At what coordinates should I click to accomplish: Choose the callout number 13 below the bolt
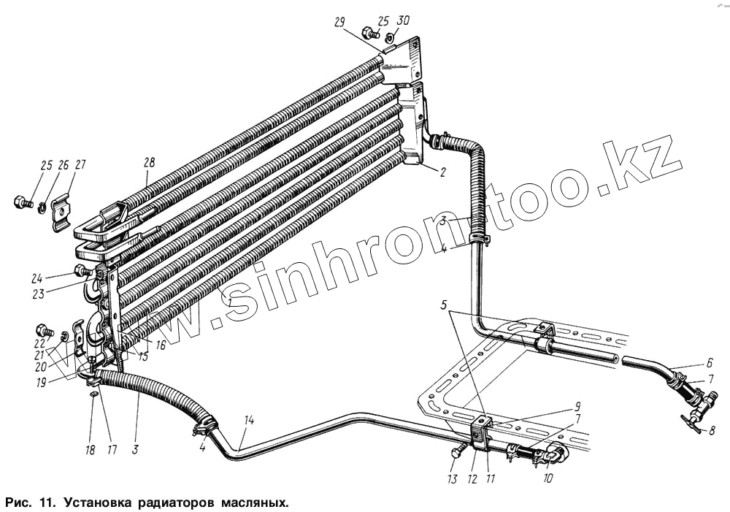click(x=452, y=479)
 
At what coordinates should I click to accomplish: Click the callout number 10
click(x=547, y=479)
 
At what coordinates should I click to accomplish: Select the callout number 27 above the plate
click(x=80, y=165)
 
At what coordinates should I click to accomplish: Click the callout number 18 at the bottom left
click(x=90, y=450)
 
